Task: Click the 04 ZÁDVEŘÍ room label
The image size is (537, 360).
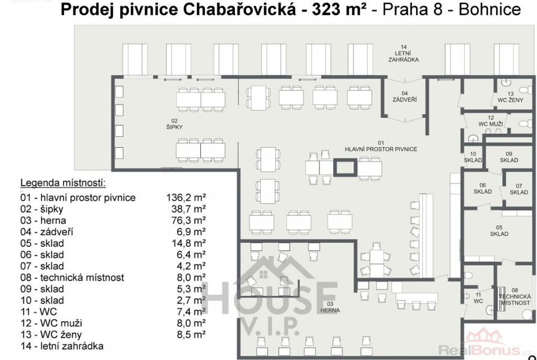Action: coord(404,96)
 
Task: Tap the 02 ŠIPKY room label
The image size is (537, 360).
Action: coord(174,124)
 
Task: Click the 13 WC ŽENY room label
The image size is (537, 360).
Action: coord(511,97)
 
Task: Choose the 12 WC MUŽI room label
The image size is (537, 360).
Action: coord(490,121)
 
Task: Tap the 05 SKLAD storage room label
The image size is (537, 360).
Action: coord(499,231)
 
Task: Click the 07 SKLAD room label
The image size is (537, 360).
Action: coord(519,189)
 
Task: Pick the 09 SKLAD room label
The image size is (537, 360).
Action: coord(509,157)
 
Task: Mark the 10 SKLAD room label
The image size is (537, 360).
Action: coord(473,157)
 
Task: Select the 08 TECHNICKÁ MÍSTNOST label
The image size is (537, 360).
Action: coord(515,297)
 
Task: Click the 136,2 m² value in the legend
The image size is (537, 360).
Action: coord(186,198)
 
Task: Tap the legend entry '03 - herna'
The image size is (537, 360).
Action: coord(43,221)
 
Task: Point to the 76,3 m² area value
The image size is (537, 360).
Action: coord(188,221)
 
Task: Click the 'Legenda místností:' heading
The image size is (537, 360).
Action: coord(63,183)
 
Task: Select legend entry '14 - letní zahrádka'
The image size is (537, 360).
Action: coord(62,346)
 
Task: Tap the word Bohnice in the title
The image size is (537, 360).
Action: coord(490,10)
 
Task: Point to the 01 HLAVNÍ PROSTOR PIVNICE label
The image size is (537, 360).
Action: coord(381,146)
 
